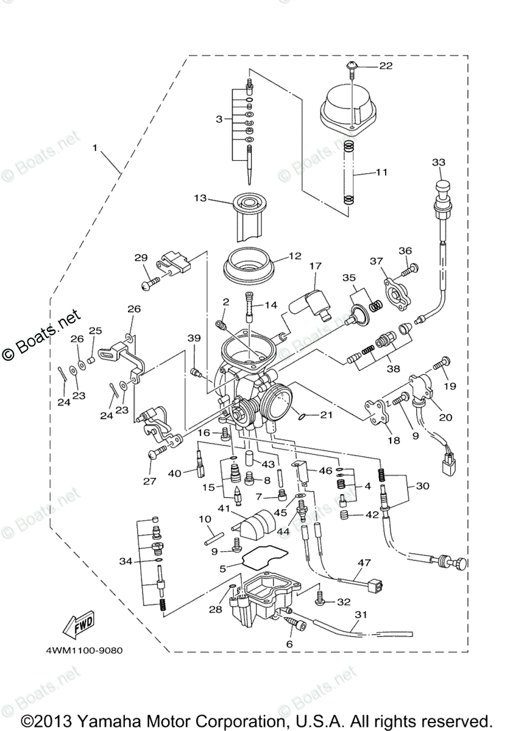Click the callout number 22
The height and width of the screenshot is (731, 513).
coord(386,66)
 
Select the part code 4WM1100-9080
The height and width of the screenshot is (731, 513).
coord(83,650)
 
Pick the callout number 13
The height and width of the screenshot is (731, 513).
coord(200,198)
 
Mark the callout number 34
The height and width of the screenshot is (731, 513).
coord(126,560)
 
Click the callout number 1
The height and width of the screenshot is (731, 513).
coord(94,148)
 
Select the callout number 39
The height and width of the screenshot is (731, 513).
coord(194,356)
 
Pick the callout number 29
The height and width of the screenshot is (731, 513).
coord(141,258)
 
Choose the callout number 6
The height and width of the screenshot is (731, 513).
coord(289,643)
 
